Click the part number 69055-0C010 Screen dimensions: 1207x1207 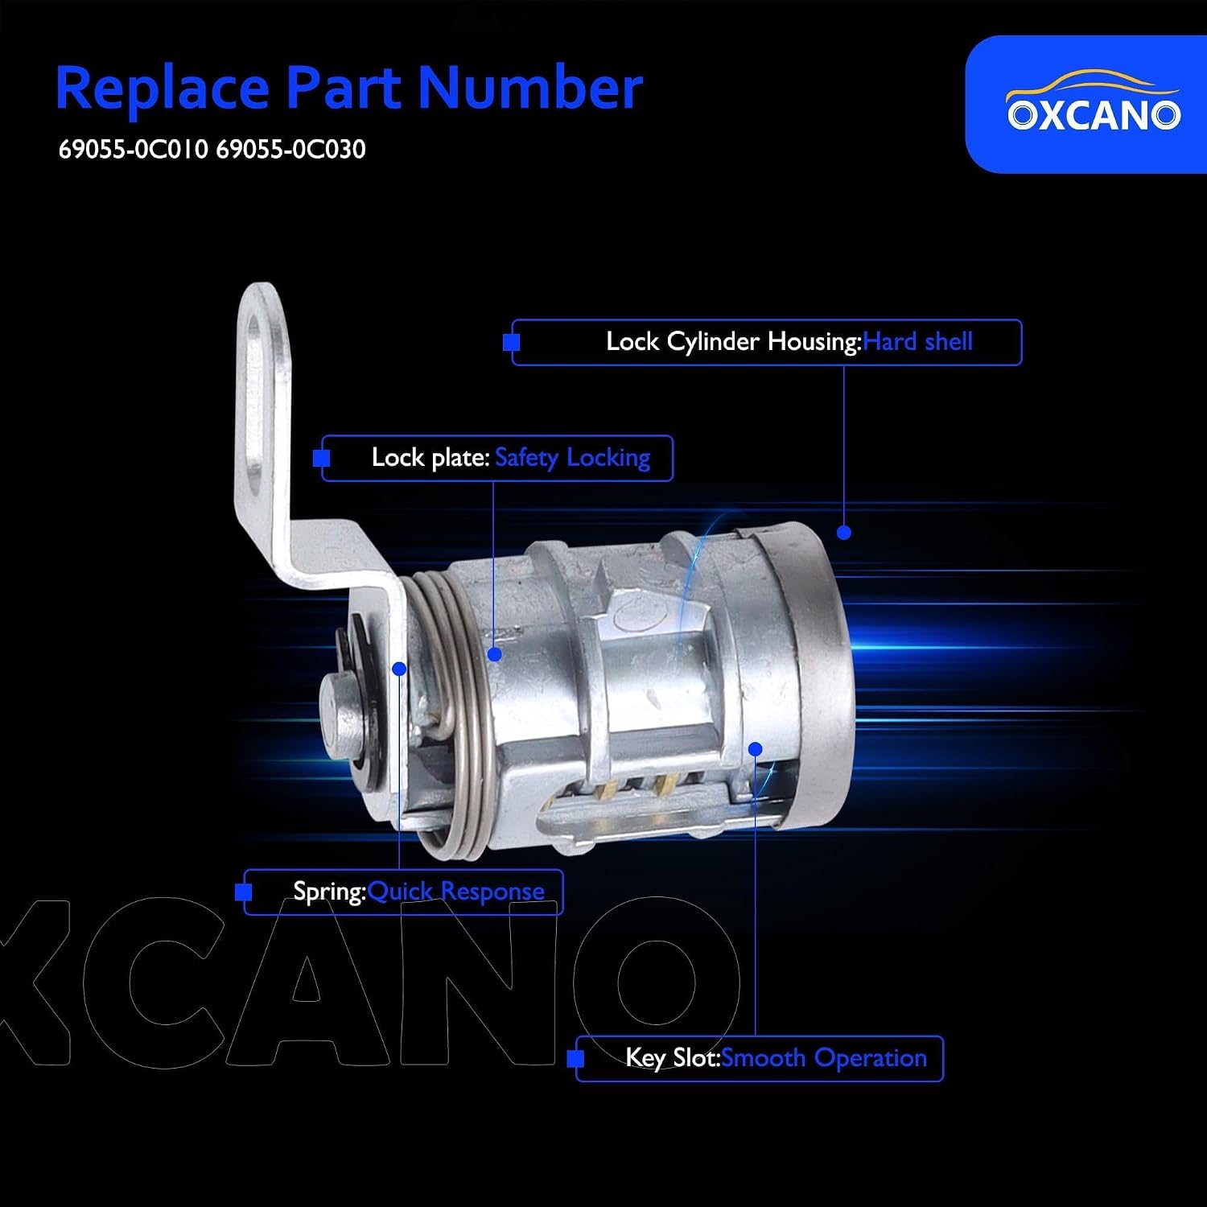[x=133, y=150]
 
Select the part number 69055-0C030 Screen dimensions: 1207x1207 [x=290, y=150]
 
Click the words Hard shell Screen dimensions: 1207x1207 [x=918, y=342]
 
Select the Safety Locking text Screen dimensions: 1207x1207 [x=572, y=458]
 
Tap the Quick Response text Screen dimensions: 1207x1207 [x=456, y=892]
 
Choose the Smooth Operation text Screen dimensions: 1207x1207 [x=824, y=1058]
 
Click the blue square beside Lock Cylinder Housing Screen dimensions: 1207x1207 [x=511, y=343]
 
